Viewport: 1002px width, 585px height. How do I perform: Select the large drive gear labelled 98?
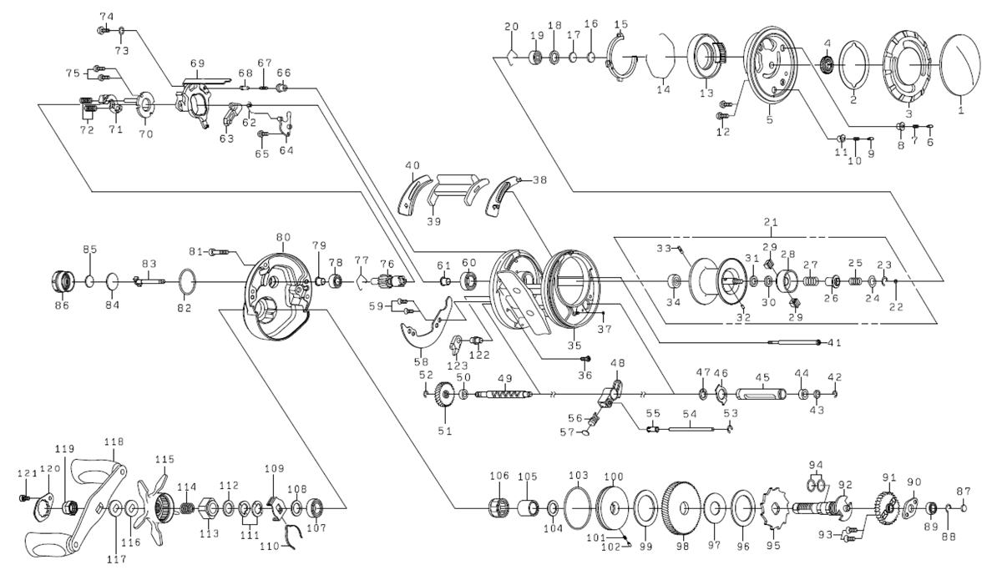(681, 508)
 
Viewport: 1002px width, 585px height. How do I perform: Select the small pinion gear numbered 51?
(444, 396)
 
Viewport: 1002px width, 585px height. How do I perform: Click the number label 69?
(197, 63)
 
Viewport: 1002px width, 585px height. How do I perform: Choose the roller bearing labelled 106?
(499, 507)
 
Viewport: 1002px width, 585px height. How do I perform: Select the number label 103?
(579, 475)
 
